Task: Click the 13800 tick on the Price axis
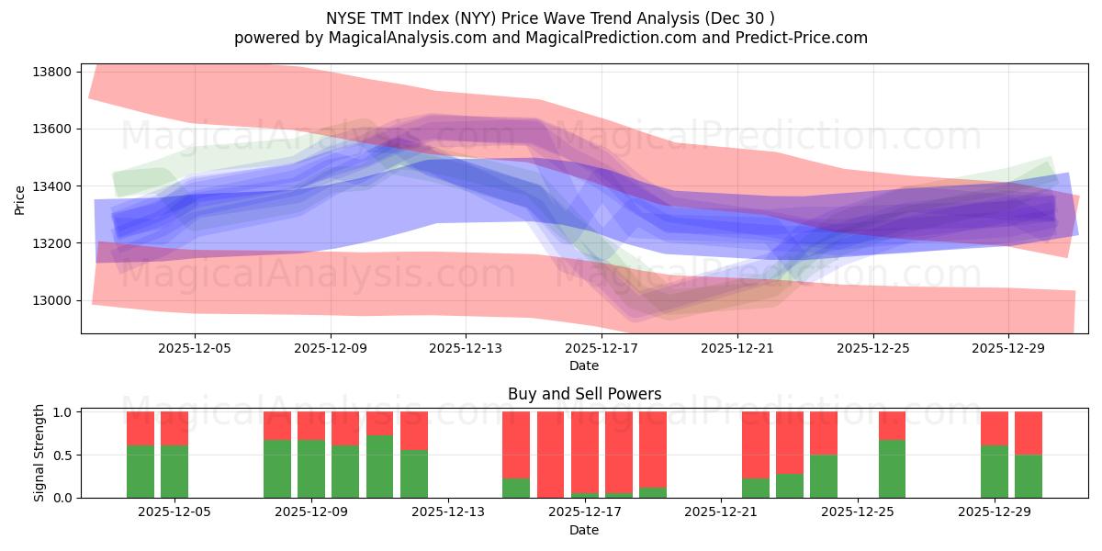(52, 72)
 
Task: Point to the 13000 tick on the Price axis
(52, 300)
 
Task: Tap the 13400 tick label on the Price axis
(52, 186)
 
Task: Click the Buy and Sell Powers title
(584, 394)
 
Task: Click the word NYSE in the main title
(346, 17)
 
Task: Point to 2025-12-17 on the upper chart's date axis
(601, 348)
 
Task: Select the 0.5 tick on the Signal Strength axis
(62, 455)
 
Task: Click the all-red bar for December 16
(550, 455)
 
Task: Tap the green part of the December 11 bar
(379, 467)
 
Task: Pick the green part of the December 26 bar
(892, 469)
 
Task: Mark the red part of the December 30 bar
(1029, 433)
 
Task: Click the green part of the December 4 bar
(141, 472)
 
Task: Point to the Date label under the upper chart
(584, 365)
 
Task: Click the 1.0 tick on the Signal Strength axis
(62, 412)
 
